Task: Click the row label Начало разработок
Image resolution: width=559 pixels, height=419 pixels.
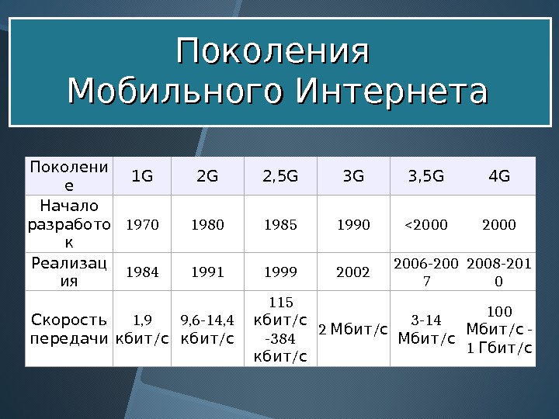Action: tap(69, 224)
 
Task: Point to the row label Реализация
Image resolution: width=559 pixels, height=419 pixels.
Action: tap(69, 272)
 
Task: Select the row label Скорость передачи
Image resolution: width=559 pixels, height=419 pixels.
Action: tap(69, 329)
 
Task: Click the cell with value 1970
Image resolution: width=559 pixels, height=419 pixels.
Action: tap(142, 225)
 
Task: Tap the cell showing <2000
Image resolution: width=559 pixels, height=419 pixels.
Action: tap(426, 225)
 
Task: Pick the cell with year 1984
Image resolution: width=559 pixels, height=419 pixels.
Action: tap(142, 272)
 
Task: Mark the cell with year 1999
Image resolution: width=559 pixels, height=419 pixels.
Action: tap(280, 272)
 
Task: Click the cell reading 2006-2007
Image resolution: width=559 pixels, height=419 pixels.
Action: tap(426, 272)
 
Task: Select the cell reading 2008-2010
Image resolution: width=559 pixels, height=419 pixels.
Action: tap(499, 272)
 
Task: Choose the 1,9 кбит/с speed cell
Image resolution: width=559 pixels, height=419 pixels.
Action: tap(142, 329)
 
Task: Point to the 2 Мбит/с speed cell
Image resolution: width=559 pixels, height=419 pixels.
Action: tap(353, 330)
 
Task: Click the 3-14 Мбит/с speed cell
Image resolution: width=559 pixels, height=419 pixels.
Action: tap(426, 329)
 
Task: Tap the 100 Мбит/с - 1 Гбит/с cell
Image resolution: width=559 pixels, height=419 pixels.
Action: tap(499, 329)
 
